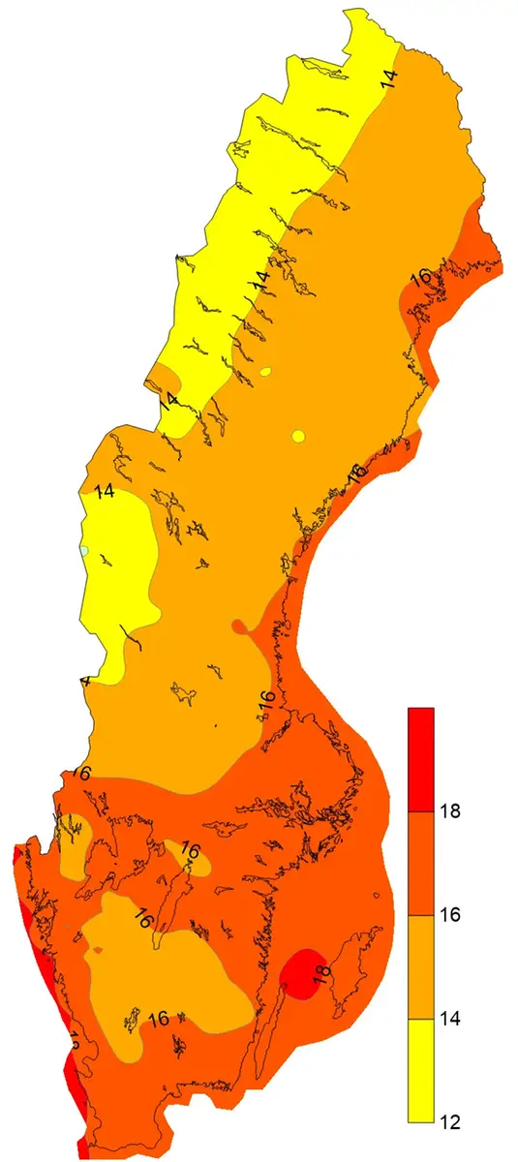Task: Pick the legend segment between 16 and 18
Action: pyautogui.click(x=420, y=863)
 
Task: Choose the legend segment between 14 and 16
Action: pyautogui.click(x=420, y=966)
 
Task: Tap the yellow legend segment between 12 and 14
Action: pyautogui.click(x=420, y=1070)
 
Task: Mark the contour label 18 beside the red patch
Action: pyautogui.click(x=323, y=970)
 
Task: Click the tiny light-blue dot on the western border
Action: pyautogui.click(x=85, y=550)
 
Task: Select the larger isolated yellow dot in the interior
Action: pyautogui.click(x=298, y=435)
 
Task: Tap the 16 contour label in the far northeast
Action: pyautogui.click(x=420, y=278)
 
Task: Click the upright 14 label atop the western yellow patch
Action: pyautogui.click(x=105, y=491)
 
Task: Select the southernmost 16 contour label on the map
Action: pyautogui.click(x=160, y=1018)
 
